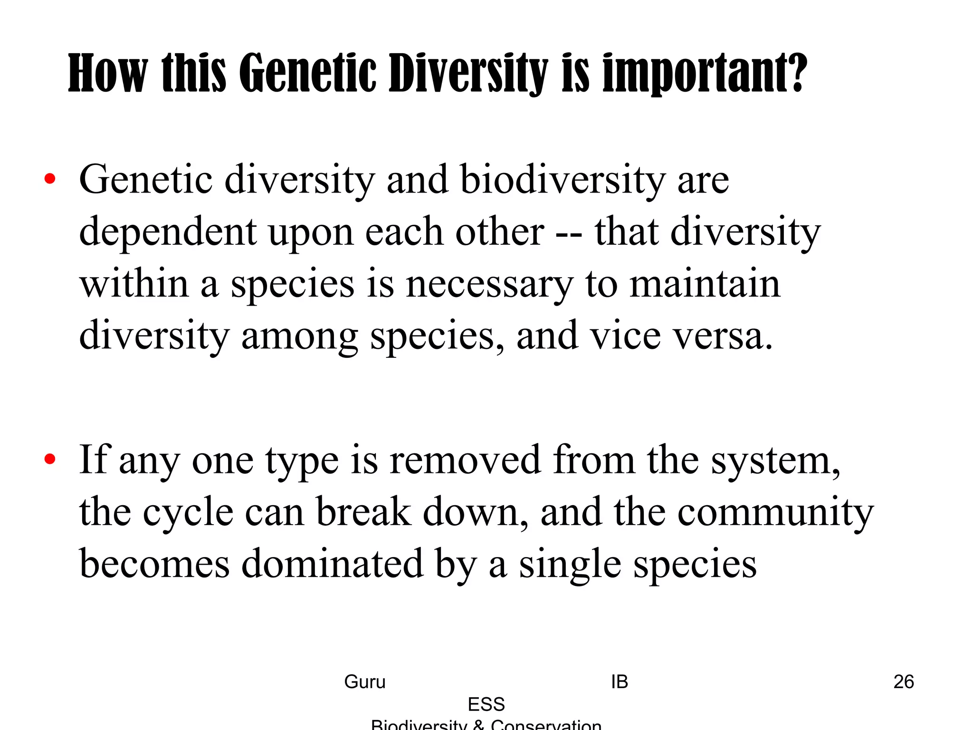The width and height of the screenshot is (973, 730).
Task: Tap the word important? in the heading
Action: (705, 73)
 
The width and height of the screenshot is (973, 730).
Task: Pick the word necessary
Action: (489, 284)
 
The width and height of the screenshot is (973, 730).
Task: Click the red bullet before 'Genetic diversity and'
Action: (50, 179)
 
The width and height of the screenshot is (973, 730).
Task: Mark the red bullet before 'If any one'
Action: (50, 460)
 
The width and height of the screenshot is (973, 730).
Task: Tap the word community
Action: (775, 512)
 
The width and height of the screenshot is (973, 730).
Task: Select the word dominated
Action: (332, 564)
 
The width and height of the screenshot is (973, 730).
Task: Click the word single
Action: (570, 565)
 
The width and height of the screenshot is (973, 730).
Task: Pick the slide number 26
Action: (904, 682)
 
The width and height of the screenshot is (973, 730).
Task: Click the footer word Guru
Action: (364, 682)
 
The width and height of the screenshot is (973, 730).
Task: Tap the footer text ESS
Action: (486, 704)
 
